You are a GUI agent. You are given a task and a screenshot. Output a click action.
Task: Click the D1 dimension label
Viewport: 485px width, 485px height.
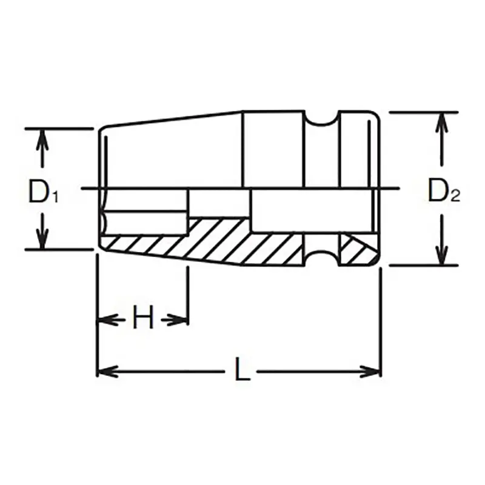click(x=43, y=192)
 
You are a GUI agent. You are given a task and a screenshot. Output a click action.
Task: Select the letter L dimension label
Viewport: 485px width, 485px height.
click(x=242, y=369)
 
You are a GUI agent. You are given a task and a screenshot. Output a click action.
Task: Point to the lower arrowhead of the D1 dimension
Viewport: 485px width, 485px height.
click(x=42, y=239)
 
